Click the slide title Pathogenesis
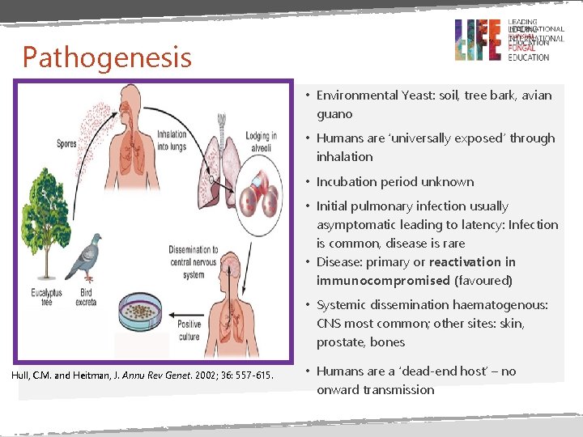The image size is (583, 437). click(x=107, y=57)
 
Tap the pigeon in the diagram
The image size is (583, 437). click(x=86, y=257)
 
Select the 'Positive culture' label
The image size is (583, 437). click(x=189, y=330)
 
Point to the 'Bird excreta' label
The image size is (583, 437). click(x=86, y=297)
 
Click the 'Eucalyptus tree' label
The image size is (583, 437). click(x=41, y=297)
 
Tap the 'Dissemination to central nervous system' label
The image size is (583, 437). click(x=193, y=262)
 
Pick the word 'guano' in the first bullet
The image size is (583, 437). click(x=334, y=114)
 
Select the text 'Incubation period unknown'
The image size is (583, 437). click(x=394, y=181)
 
